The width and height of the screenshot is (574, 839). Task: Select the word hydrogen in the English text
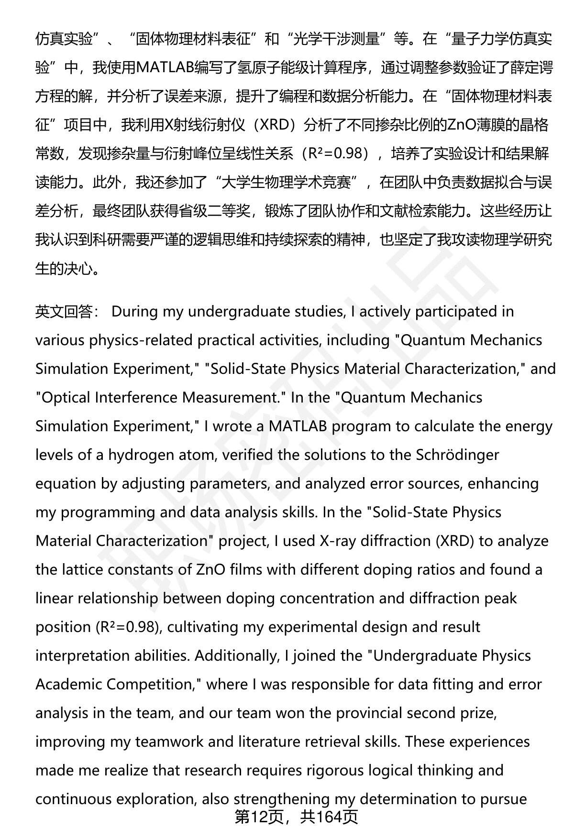click(135, 455)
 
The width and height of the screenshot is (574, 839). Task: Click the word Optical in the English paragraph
click(66, 397)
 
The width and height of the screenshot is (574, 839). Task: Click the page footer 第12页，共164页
click(296, 817)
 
